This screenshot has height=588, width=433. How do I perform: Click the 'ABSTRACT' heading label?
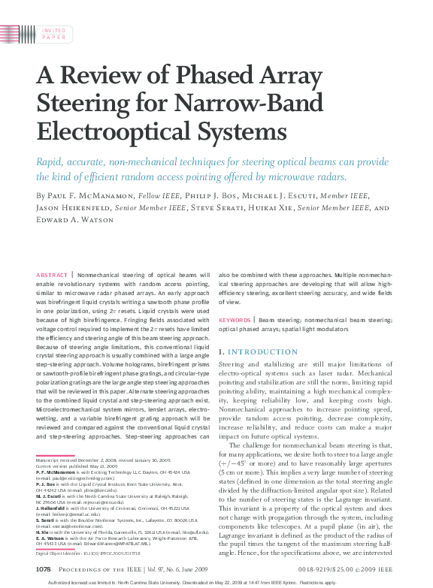52,276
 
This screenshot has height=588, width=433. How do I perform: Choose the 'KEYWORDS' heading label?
235,320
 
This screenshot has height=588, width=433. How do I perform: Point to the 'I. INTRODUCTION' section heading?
258,351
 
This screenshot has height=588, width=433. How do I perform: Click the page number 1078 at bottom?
43,571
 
